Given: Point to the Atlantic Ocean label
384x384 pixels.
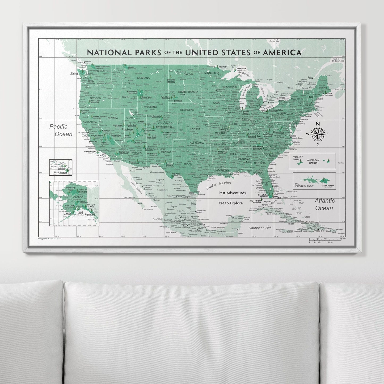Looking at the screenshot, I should (x=324, y=204).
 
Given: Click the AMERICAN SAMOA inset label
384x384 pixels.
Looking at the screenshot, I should (x=313, y=162).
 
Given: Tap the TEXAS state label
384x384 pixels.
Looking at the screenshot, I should (x=188, y=164).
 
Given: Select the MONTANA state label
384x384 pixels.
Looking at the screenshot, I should (x=144, y=78).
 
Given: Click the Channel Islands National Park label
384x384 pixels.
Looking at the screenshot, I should (x=89, y=152).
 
